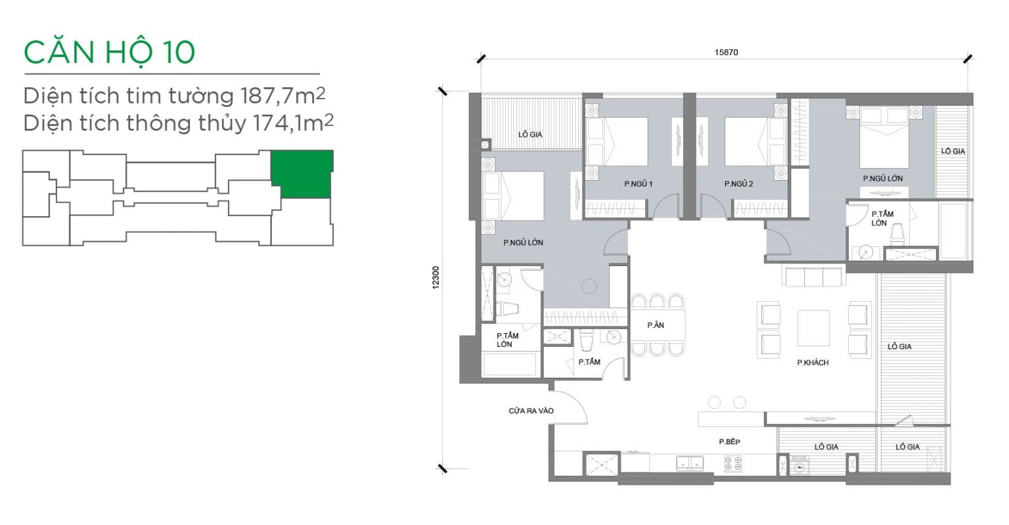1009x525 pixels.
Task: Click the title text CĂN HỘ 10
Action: tap(109, 53)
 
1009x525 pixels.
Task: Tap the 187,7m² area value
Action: tap(283, 95)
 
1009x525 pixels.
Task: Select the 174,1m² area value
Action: tap(293, 123)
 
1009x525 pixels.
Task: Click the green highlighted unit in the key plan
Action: tap(302, 174)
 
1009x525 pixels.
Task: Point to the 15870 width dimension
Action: tap(726, 53)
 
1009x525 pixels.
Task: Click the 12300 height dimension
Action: tap(436, 277)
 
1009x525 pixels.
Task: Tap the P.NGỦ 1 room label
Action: tap(639, 184)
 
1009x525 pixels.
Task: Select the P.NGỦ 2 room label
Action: tap(739, 184)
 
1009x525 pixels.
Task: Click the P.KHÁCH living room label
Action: tap(813, 362)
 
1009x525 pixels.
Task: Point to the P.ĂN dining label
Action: tap(656, 325)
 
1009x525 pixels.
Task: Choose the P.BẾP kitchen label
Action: tap(729, 442)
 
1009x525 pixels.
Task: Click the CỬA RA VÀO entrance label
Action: tap(531, 411)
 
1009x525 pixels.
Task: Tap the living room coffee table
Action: tap(813, 328)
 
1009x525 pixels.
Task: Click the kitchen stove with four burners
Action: tap(733, 464)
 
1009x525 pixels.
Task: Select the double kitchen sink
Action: tap(690, 463)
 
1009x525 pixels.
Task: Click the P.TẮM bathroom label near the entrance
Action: tap(589, 362)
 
